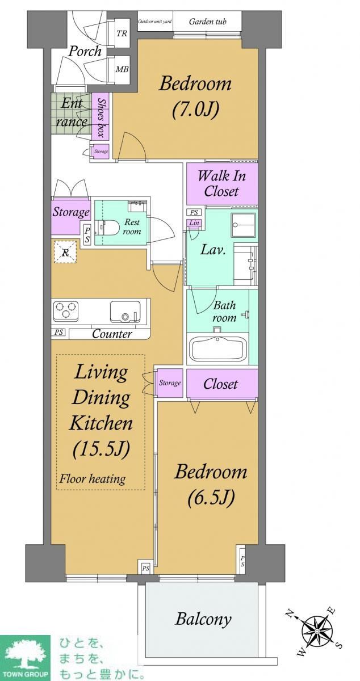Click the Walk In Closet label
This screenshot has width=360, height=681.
point(221,184)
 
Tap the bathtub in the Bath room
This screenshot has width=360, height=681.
point(217,348)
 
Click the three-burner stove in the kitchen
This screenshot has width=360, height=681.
point(66,310)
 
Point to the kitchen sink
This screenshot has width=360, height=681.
point(125,312)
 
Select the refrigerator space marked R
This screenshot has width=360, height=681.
point(65,252)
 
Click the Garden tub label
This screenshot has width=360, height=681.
point(208,22)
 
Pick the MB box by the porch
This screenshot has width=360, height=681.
point(122,69)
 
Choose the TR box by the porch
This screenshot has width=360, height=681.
point(122,33)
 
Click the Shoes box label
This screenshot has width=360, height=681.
point(101,118)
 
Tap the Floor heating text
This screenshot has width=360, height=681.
point(92,480)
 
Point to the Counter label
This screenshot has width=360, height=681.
point(112,334)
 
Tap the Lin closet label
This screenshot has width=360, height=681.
point(194,223)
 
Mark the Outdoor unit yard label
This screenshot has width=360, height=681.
point(155,22)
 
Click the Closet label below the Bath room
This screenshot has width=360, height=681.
point(221,384)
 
